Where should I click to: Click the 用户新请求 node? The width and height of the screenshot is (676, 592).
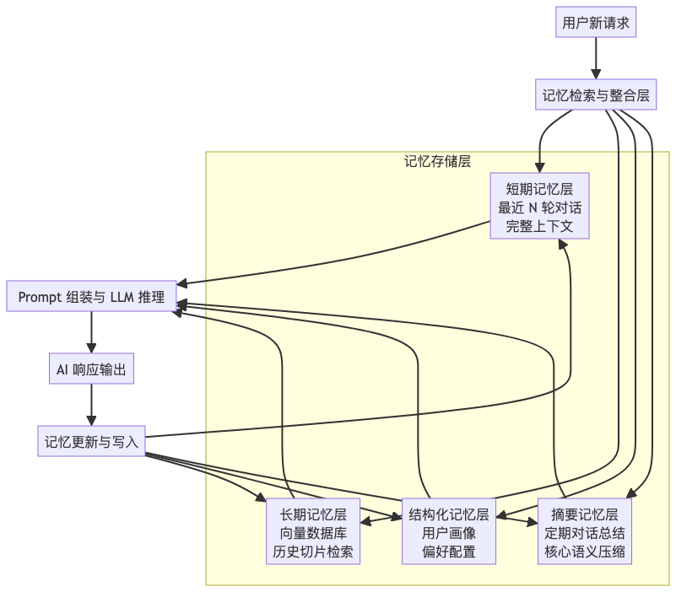click(x=596, y=23)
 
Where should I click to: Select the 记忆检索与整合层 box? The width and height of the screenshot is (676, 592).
click(x=596, y=96)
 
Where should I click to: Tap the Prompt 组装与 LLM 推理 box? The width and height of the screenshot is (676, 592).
click(x=91, y=297)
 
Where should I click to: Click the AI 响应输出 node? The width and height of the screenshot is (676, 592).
click(x=91, y=369)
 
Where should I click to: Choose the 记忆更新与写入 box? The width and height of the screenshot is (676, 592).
click(x=91, y=442)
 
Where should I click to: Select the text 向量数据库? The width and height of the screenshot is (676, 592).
click(x=313, y=534)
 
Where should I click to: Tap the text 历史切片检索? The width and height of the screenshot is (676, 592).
click(x=313, y=552)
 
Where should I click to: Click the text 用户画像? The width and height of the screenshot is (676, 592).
click(x=449, y=534)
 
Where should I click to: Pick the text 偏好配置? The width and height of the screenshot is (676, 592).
click(x=449, y=552)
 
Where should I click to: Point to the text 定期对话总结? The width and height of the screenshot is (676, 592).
click(x=585, y=534)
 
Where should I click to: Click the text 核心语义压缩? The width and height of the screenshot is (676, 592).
click(x=585, y=552)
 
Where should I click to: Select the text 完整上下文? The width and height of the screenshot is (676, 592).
click(x=539, y=226)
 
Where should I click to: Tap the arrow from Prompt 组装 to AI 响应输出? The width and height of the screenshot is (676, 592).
click(x=91, y=333)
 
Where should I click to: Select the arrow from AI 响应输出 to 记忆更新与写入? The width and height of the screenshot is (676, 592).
click(x=91, y=406)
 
